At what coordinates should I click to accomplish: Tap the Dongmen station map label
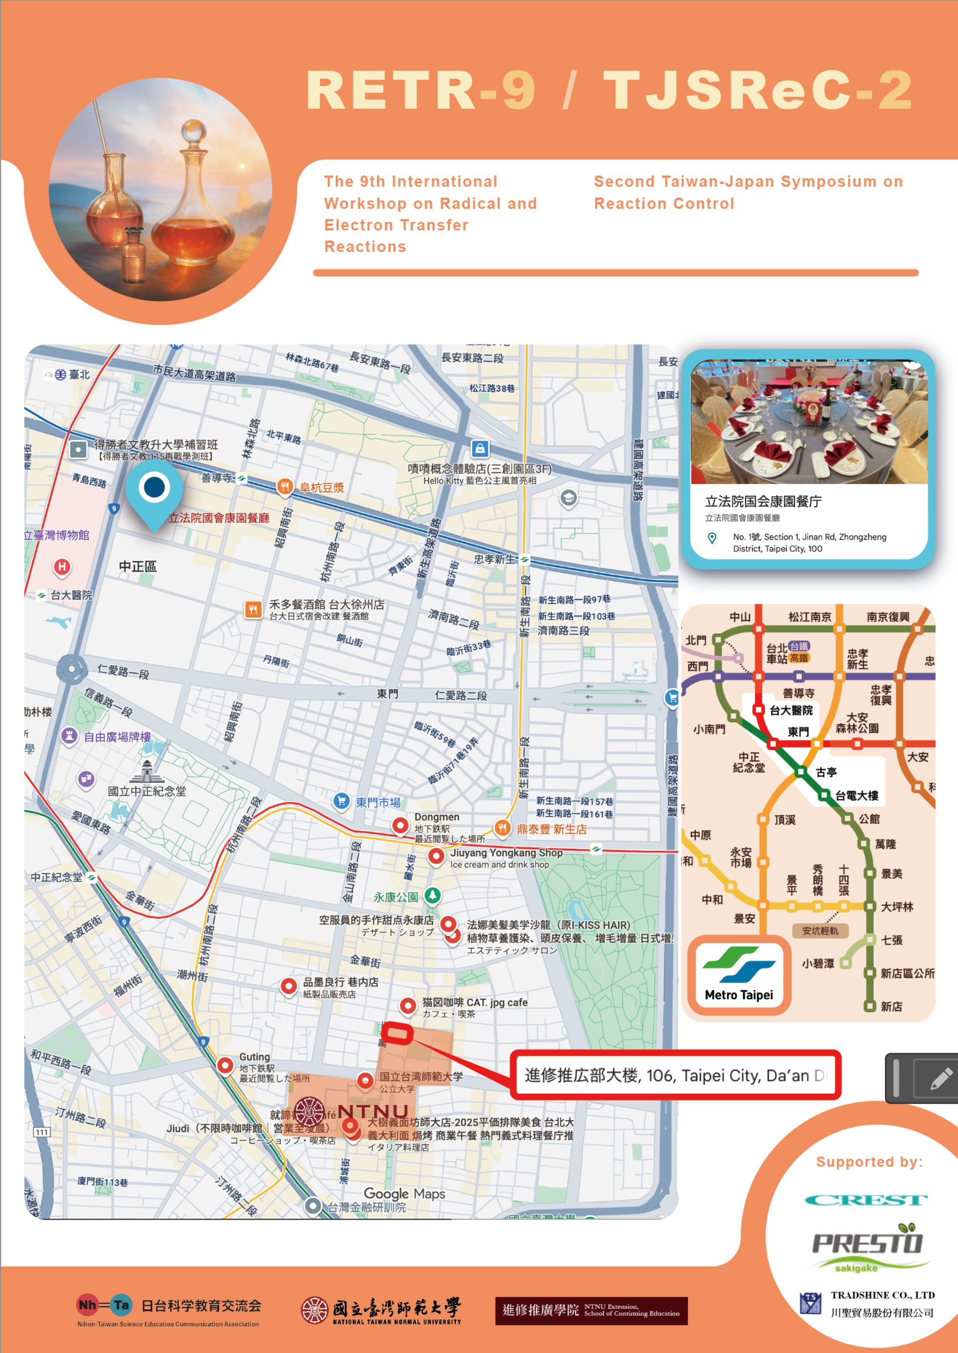(x=436, y=817)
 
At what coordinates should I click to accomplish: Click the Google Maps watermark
(x=404, y=1193)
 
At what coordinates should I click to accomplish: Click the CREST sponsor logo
(x=866, y=1200)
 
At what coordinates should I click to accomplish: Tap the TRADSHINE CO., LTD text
(x=882, y=1295)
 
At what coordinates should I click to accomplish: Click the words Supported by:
(x=869, y=1162)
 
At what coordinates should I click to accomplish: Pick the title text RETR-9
(x=420, y=90)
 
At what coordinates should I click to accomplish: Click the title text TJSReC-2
(x=757, y=90)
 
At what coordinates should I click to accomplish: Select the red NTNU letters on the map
(x=373, y=1111)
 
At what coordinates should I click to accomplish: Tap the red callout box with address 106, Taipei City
(x=675, y=1075)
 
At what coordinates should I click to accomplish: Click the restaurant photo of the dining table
(x=809, y=423)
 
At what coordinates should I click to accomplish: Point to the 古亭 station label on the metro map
(x=826, y=772)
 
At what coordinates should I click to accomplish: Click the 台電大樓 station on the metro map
(x=856, y=796)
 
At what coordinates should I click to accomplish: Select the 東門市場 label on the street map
(x=378, y=802)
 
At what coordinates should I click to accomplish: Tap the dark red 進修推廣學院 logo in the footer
(x=591, y=1311)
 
